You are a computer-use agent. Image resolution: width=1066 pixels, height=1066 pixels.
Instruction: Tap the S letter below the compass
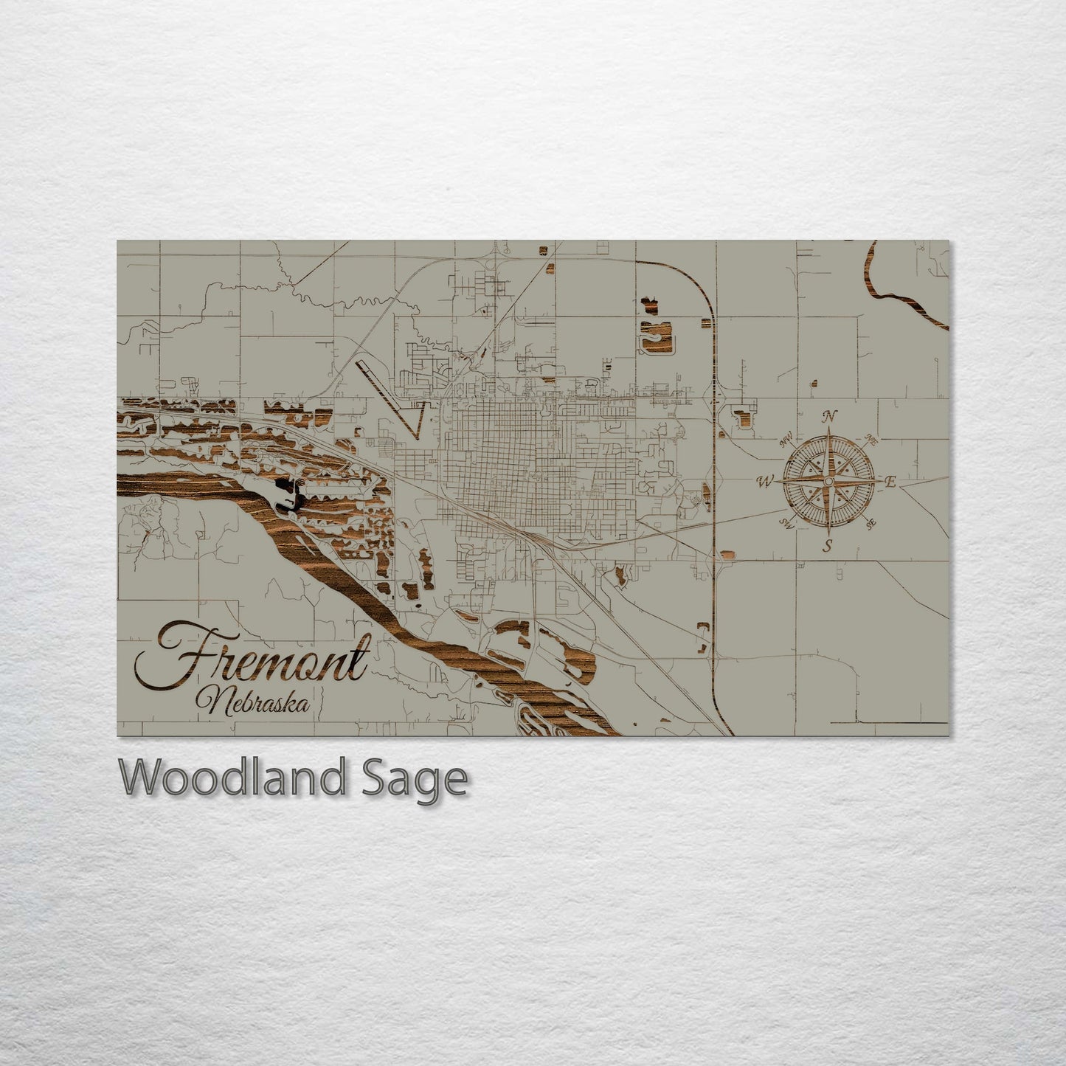828,547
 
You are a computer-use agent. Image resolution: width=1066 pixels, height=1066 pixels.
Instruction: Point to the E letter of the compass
890,482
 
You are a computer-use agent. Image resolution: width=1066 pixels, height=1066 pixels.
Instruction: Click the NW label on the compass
785,443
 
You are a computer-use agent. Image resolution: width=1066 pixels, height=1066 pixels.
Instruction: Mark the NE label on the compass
871,441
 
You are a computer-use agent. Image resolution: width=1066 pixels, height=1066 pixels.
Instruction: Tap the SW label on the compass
786,525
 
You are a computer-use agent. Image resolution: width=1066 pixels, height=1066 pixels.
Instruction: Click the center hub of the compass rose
828,482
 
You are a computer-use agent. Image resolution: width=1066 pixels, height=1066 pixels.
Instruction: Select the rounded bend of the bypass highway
696,284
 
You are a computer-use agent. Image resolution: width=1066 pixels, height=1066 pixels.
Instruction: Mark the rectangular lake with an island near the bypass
655,335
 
